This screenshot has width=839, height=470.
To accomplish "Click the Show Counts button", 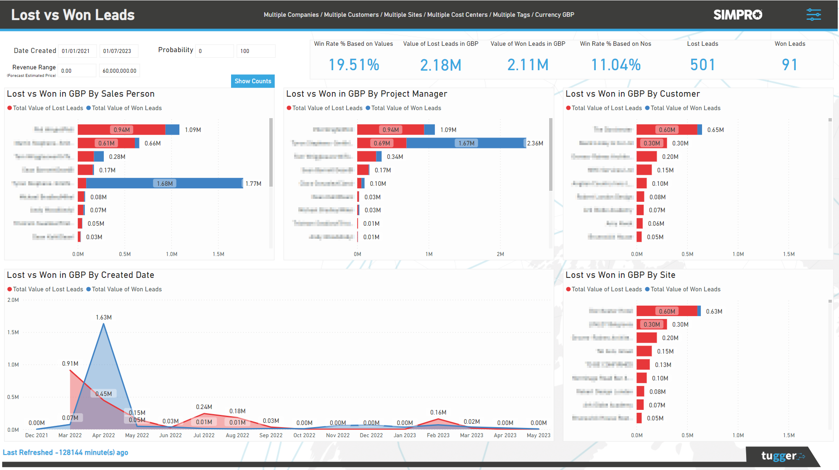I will pyautogui.click(x=252, y=81).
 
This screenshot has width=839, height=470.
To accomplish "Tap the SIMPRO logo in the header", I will pyautogui.click(x=737, y=15).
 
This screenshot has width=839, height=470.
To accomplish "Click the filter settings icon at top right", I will pyautogui.click(x=813, y=15).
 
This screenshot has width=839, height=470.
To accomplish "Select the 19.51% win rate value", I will pyautogui.click(x=354, y=65).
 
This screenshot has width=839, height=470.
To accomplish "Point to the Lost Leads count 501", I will pyautogui.click(x=702, y=65).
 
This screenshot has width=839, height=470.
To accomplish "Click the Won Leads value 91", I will pyautogui.click(x=789, y=65).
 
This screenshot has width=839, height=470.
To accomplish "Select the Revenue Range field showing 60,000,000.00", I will pyautogui.click(x=119, y=71).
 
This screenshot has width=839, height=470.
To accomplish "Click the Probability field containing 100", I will pyautogui.click(x=255, y=51).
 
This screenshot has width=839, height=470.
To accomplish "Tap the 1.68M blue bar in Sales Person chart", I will pyautogui.click(x=165, y=184).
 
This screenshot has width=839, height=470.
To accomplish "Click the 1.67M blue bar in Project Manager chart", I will pyautogui.click(x=466, y=143).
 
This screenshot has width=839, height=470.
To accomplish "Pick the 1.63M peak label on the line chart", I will pyautogui.click(x=104, y=317).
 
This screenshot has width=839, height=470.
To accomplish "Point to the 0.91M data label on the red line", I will pyautogui.click(x=70, y=364).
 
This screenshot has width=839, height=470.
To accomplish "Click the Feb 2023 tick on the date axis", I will pyautogui.click(x=438, y=435).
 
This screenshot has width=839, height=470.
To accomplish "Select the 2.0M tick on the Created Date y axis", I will pyautogui.click(x=13, y=300).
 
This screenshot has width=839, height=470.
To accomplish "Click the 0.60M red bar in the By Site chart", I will pyautogui.click(x=667, y=311).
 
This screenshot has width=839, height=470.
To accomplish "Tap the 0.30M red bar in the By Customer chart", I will pyautogui.click(x=651, y=143).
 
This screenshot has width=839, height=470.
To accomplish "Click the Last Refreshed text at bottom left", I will pyautogui.click(x=66, y=452).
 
